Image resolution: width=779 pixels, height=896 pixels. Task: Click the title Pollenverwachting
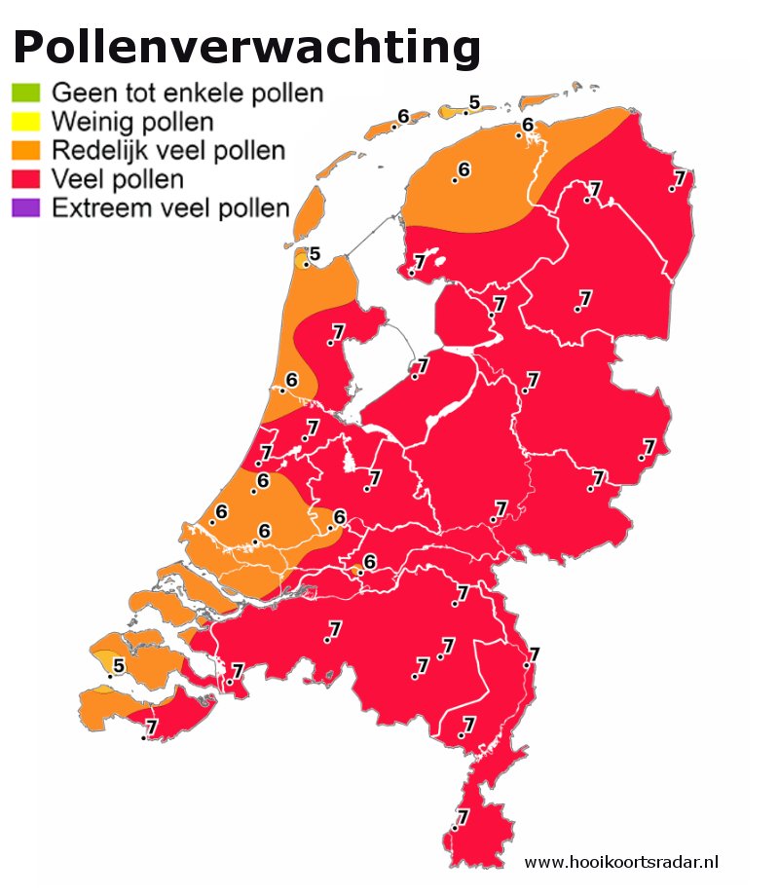(247, 47)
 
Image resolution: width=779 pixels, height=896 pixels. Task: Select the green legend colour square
(25, 94)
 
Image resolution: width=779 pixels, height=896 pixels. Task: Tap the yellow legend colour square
(25, 123)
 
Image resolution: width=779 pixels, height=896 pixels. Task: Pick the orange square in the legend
(25, 151)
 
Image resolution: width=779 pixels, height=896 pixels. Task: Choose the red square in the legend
(25, 179)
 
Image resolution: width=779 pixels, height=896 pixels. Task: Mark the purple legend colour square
(25, 207)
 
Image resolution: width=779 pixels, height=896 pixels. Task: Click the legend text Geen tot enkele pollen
(187, 94)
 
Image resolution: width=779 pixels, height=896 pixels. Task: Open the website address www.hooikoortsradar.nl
(621, 862)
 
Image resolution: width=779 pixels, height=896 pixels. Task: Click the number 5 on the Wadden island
(474, 102)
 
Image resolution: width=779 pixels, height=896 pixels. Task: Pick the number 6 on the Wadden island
(403, 117)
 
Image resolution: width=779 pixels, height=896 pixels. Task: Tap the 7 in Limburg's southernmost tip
(463, 817)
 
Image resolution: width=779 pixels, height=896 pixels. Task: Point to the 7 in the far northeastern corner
(680, 177)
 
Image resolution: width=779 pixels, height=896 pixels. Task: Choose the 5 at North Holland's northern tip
(315, 255)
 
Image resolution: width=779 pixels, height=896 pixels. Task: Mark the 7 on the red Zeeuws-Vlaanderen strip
(151, 727)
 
